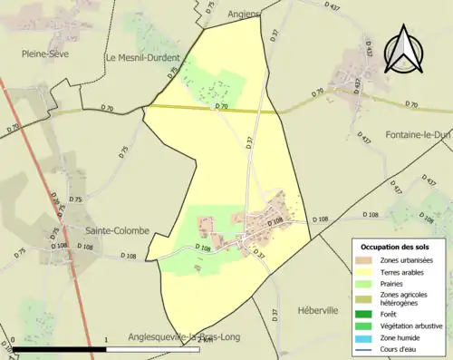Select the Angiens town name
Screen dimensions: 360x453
(x=244, y=15)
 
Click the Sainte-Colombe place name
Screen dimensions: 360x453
(x=117, y=230)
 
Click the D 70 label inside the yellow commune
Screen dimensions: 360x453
(x=221, y=107)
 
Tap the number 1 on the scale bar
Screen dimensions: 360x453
(x=107, y=341)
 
